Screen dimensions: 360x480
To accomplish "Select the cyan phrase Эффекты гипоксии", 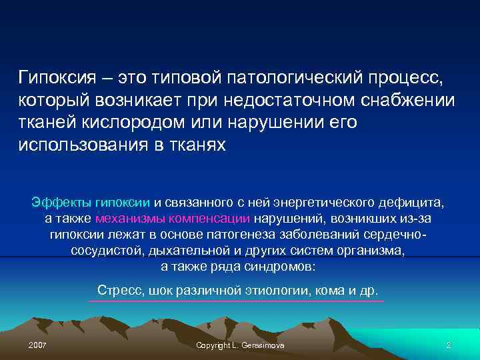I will (91, 202).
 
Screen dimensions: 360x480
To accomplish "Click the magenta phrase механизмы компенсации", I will (173, 219).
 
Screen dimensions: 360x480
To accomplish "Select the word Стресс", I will (117, 291).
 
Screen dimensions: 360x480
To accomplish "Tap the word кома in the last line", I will (337, 291).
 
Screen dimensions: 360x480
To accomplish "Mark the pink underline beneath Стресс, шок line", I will (237, 301).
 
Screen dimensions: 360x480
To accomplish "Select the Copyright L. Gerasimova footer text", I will (239, 345).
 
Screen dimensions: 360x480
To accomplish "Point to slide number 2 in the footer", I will (449, 345).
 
